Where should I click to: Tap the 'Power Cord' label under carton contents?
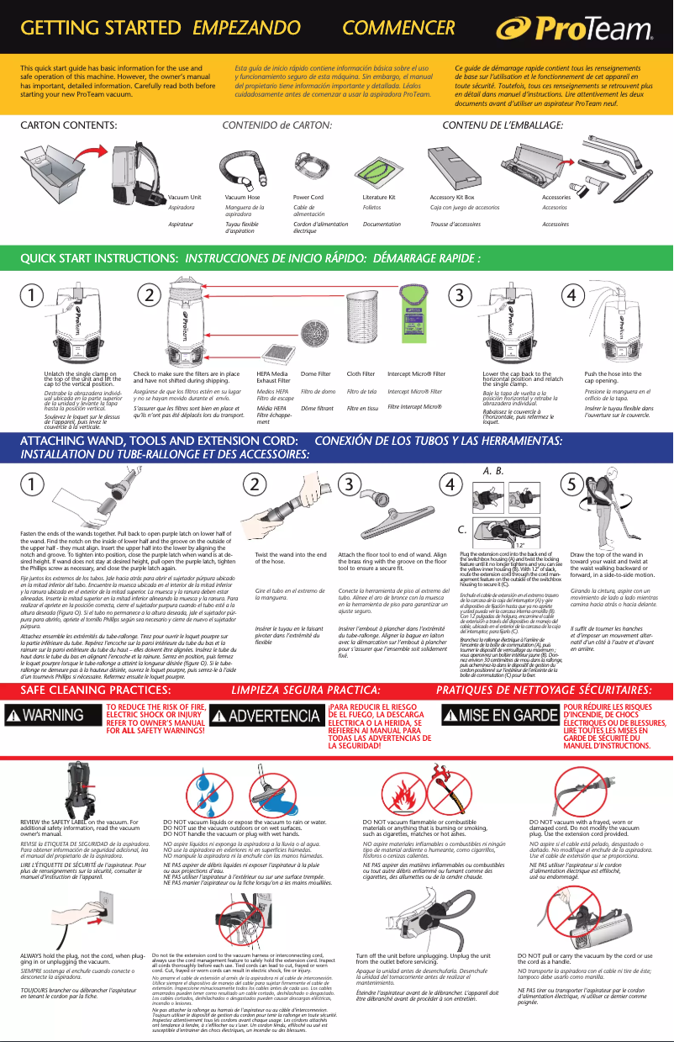(308, 197)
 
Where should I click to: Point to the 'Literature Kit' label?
(379, 197)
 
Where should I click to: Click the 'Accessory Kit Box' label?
(452, 197)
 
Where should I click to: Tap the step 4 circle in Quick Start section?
(571, 296)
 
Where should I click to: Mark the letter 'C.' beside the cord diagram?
(462, 531)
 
